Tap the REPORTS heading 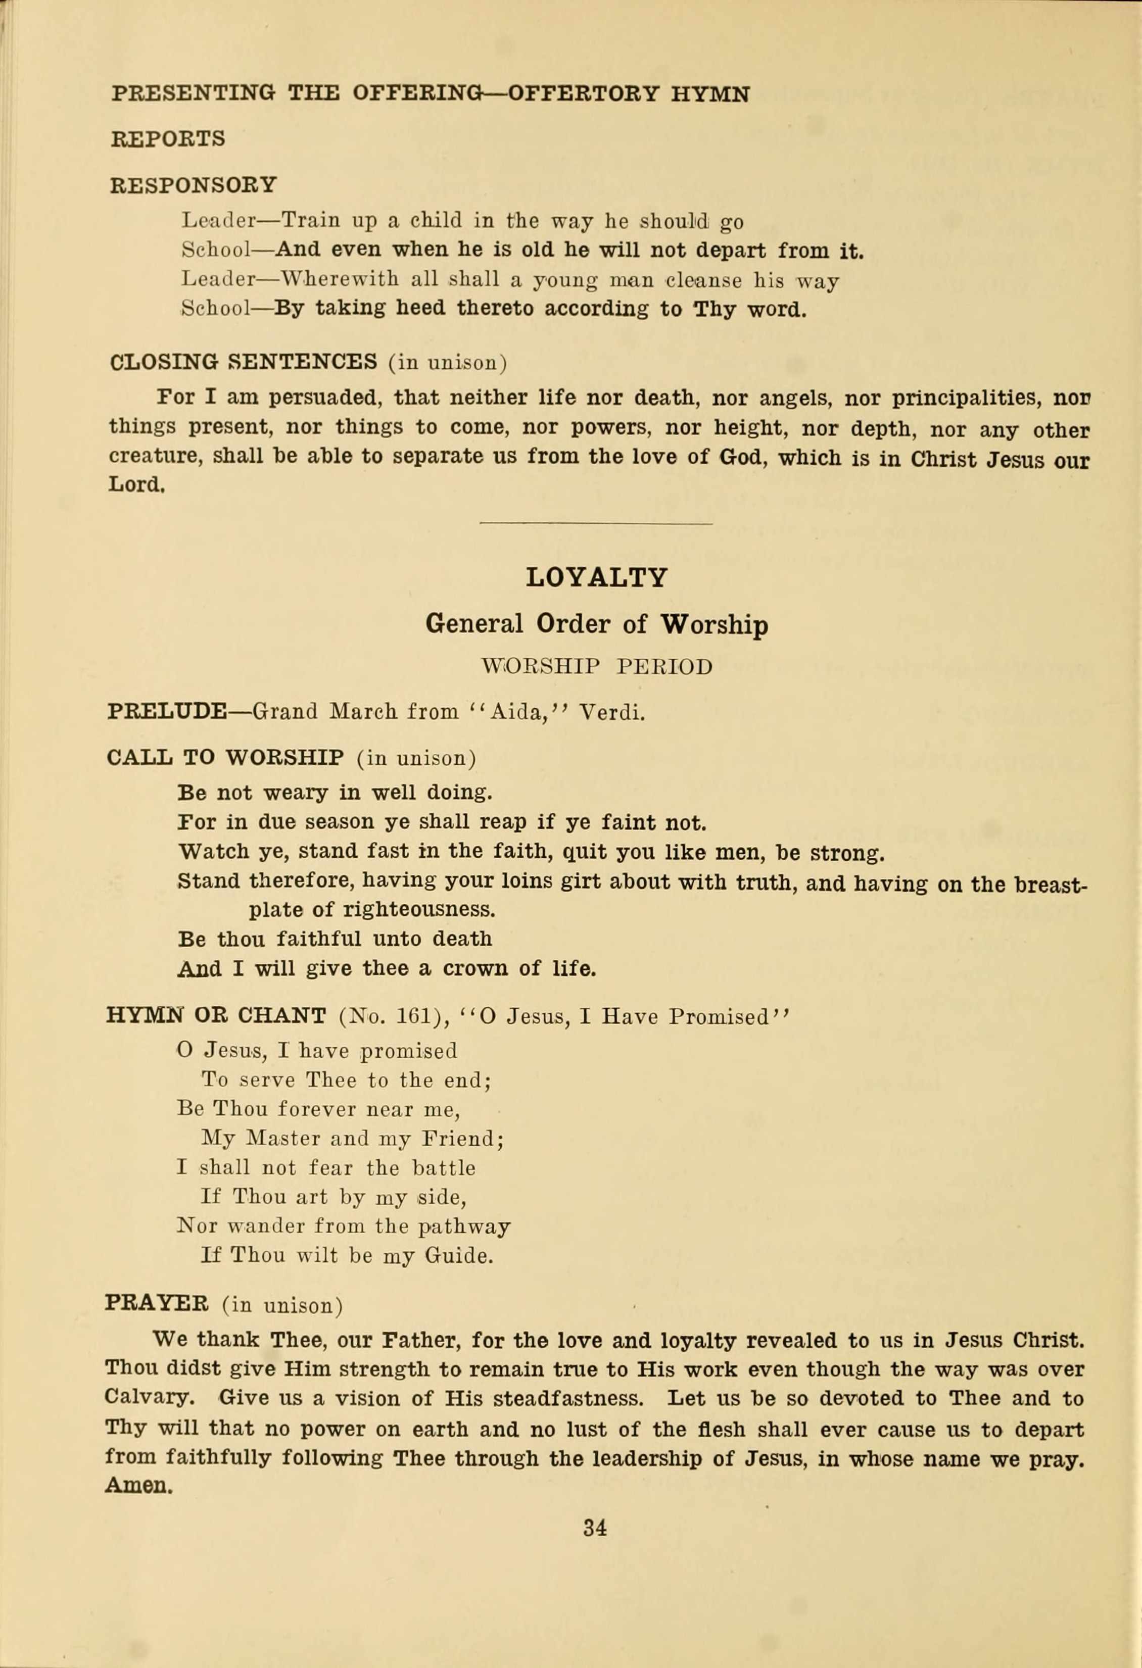pyautogui.click(x=168, y=138)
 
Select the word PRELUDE pyautogui.click(x=167, y=712)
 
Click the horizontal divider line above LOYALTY pyautogui.click(x=596, y=524)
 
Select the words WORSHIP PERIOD pyautogui.click(x=596, y=667)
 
